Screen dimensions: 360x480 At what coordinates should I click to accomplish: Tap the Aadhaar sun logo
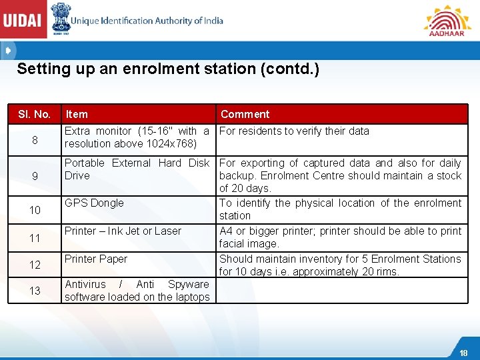446,20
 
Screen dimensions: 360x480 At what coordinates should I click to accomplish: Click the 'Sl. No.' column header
34,114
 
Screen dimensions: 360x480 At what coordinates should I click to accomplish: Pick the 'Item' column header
77,114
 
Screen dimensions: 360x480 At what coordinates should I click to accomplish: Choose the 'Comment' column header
245,114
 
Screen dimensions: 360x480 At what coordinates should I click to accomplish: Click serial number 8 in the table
34,141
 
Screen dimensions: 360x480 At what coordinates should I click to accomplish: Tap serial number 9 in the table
34,176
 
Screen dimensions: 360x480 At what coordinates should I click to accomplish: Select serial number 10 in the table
34,210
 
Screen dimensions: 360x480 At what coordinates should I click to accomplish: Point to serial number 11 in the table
34,238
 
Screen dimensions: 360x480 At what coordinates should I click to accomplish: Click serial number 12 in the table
34,265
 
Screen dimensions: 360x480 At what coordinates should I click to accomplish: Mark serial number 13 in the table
34,291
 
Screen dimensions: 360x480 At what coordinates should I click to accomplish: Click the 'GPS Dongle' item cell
94,203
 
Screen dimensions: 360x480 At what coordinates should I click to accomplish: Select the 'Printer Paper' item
96,259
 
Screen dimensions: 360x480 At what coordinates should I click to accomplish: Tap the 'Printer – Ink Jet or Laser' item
123,231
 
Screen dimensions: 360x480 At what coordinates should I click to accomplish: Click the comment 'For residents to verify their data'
294,131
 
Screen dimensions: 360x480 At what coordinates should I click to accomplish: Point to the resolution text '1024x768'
174,143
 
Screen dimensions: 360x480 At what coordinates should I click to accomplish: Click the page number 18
463,353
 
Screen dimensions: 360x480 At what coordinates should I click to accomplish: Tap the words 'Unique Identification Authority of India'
147,21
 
